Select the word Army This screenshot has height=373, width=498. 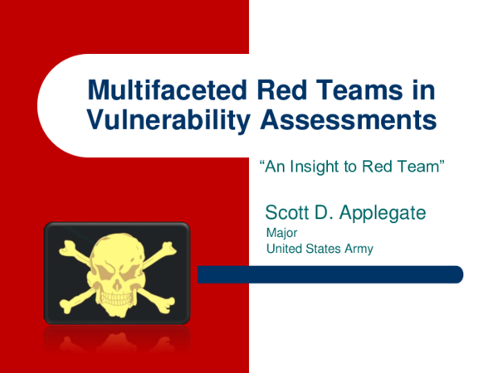coord(359,249)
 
